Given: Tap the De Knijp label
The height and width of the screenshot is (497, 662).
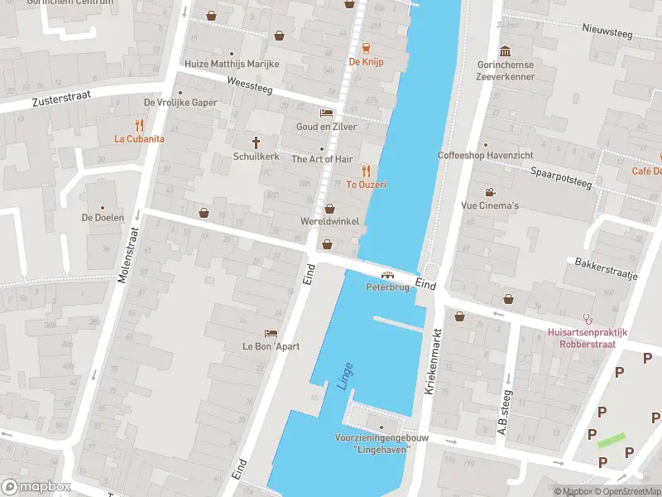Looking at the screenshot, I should click(x=366, y=61).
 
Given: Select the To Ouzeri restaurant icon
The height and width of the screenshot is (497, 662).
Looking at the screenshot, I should click(x=366, y=171).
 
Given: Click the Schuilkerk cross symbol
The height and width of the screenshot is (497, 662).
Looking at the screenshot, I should click(x=257, y=142).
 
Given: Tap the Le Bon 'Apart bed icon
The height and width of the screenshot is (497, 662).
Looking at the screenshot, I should click(x=271, y=333).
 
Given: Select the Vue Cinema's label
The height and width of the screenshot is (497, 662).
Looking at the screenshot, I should click(x=490, y=205).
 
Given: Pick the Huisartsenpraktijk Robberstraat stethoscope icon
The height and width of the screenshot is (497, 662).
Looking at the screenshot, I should click(x=588, y=317).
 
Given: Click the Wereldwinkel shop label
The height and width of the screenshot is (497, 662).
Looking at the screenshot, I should click(x=329, y=222).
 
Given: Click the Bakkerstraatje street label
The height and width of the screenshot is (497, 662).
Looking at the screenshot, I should click(x=605, y=268).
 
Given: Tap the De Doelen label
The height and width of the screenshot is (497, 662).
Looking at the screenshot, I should click(x=103, y=218).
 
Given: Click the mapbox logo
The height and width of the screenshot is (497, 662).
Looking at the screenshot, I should click(x=36, y=487).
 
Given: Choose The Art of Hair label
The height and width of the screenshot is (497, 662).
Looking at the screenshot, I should click(x=322, y=159).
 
